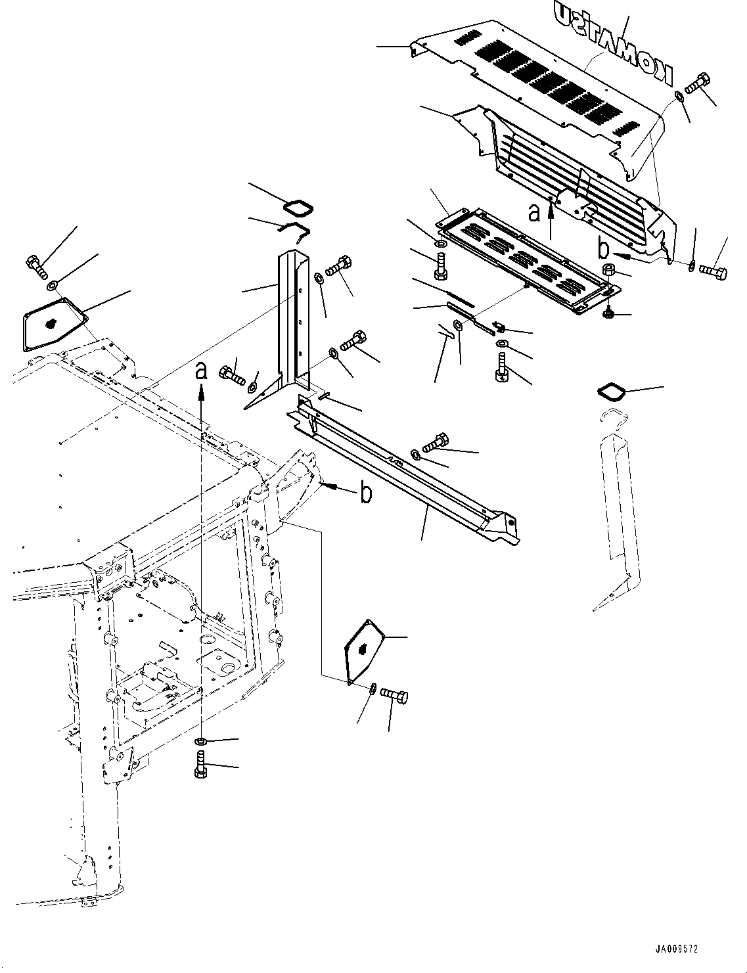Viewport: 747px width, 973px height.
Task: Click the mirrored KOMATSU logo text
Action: point(614,43)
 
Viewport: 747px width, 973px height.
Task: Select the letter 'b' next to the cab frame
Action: point(366,493)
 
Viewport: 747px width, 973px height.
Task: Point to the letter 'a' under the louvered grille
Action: point(535,212)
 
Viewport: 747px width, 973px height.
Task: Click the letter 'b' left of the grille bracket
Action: point(603,249)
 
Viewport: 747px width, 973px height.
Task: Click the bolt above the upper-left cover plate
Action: point(35,265)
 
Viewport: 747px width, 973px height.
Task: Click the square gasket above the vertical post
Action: point(296,208)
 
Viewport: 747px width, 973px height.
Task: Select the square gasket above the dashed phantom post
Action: point(610,392)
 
